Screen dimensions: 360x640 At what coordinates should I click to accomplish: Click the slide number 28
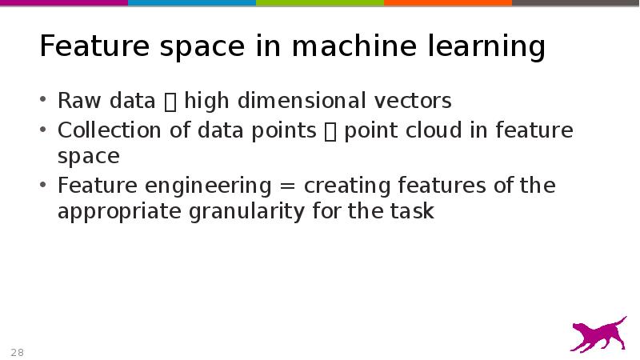16,352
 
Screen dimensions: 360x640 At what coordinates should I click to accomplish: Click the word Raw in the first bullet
75,102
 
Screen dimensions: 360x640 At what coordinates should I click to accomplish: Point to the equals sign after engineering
289,186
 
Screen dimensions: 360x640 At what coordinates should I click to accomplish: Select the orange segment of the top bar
448,3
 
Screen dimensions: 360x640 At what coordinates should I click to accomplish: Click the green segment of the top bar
320,3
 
